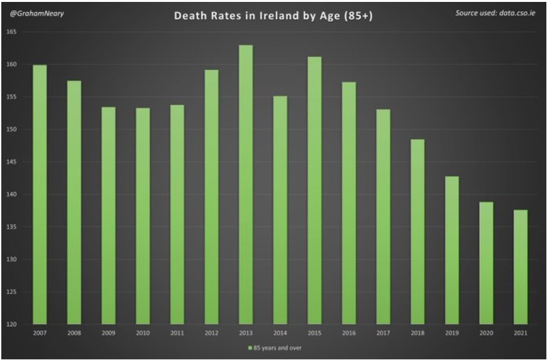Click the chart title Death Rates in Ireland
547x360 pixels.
273,15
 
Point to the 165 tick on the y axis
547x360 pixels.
12,32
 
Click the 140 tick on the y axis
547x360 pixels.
12,194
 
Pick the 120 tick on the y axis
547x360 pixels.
12,324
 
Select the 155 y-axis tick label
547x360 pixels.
12,97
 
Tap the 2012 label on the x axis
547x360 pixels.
211,334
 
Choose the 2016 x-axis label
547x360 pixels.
348,334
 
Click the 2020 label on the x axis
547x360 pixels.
485,334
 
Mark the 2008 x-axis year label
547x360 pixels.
74,334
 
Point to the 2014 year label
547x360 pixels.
280,334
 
